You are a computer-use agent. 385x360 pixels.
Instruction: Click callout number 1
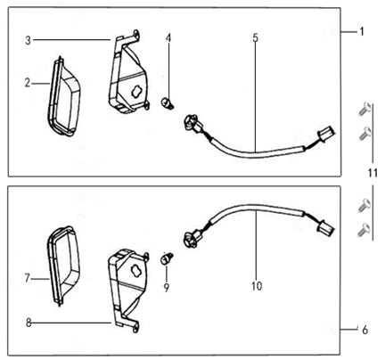(363, 31)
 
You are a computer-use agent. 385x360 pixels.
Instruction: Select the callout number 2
(29, 83)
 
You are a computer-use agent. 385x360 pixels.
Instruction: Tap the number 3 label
(29, 40)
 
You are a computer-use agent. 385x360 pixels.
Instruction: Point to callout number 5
(256, 38)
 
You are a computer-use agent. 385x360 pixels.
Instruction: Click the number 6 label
(364, 330)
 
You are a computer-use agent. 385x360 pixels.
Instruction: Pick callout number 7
(29, 278)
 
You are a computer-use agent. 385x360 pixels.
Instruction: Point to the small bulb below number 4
(166, 104)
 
